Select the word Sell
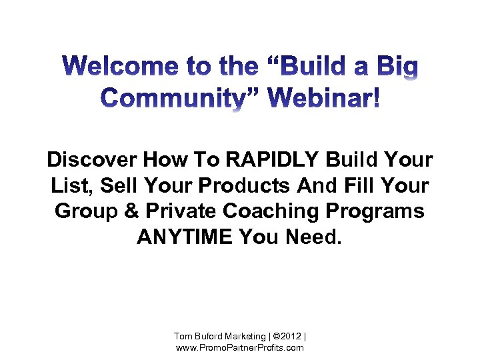click(118, 186)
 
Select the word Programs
click(381, 211)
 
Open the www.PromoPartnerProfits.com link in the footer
click(239, 348)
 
